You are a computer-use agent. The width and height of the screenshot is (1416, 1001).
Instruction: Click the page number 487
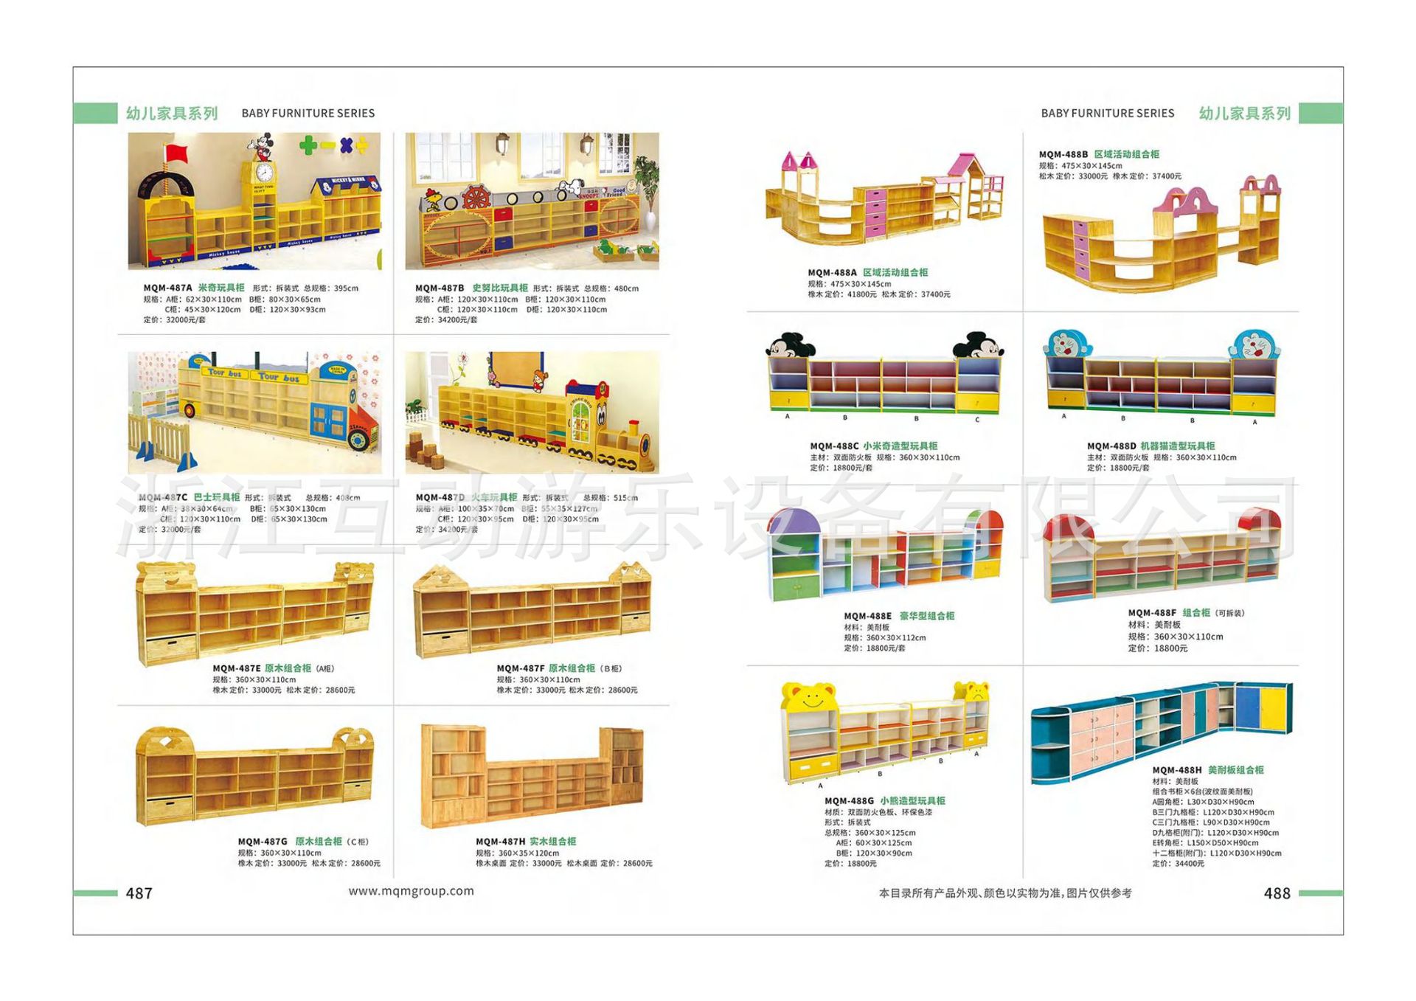click(x=139, y=893)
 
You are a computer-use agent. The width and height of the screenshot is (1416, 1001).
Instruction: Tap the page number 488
click(x=1277, y=893)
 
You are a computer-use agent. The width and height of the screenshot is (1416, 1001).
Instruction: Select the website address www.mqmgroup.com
click(x=411, y=891)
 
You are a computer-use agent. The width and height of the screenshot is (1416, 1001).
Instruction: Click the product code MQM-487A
click(x=167, y=288)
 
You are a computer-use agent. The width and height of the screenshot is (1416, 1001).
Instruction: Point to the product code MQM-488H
click(x=1176, y=770)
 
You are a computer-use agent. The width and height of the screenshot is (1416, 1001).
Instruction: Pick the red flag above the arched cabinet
click(x=176, y=153)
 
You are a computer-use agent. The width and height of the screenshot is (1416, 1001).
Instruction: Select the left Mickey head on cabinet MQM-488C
click(x=788, y=346)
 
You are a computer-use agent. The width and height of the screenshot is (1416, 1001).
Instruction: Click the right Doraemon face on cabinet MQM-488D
click(x=1253, y=344)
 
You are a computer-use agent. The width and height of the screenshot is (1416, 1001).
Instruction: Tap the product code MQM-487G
click(x=263, y=842)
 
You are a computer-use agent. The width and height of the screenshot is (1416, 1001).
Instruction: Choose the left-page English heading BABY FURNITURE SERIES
click(x=308, y=114)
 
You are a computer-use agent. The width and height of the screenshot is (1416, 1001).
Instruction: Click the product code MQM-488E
click(x=867, y=616)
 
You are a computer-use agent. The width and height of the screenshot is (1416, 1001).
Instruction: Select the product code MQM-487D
click(x=440, y=498)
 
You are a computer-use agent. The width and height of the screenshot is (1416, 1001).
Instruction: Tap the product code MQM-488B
click(x=1063, y=155)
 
